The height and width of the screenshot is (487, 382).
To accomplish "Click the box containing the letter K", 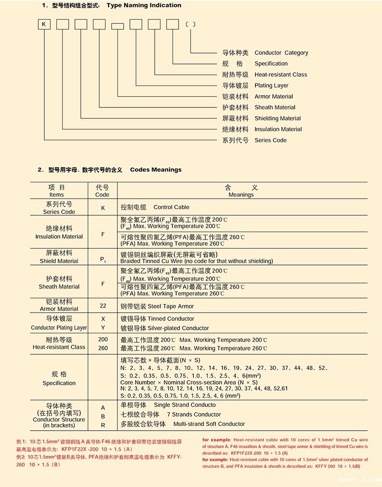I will (x=44, y=24).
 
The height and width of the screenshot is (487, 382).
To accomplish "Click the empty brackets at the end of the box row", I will (x=191, y=24).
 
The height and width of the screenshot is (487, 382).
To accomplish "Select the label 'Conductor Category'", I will (x=281, y=53).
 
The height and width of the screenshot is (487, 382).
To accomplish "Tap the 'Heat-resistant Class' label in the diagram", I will (x=281, y=75).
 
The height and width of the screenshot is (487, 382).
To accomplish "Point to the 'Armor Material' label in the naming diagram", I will (x=274, y=96).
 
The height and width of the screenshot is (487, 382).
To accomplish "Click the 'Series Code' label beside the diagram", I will (x=270, y=140).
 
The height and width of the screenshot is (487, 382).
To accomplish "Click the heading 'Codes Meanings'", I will (x=156, y=169).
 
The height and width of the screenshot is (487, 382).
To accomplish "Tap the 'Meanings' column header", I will (x=241, y=195).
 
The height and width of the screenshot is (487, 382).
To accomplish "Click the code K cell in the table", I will (x=103, y=208).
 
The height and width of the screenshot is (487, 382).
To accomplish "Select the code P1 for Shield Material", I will (x=103, y=259).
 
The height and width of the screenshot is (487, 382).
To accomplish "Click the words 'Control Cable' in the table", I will (x=171, y=207).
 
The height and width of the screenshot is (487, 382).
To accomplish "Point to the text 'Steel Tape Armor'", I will (x=171, y=306).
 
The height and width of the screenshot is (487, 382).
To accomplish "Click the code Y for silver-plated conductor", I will (x=103, y=328).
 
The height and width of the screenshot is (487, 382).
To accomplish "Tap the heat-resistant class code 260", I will (x=103, y=348).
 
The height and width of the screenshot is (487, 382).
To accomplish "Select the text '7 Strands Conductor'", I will (x=194, y=414).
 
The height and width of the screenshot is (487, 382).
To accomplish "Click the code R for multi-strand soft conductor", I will (x=103, y=424).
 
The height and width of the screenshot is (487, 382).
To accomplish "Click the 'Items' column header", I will (x=56, y=195).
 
